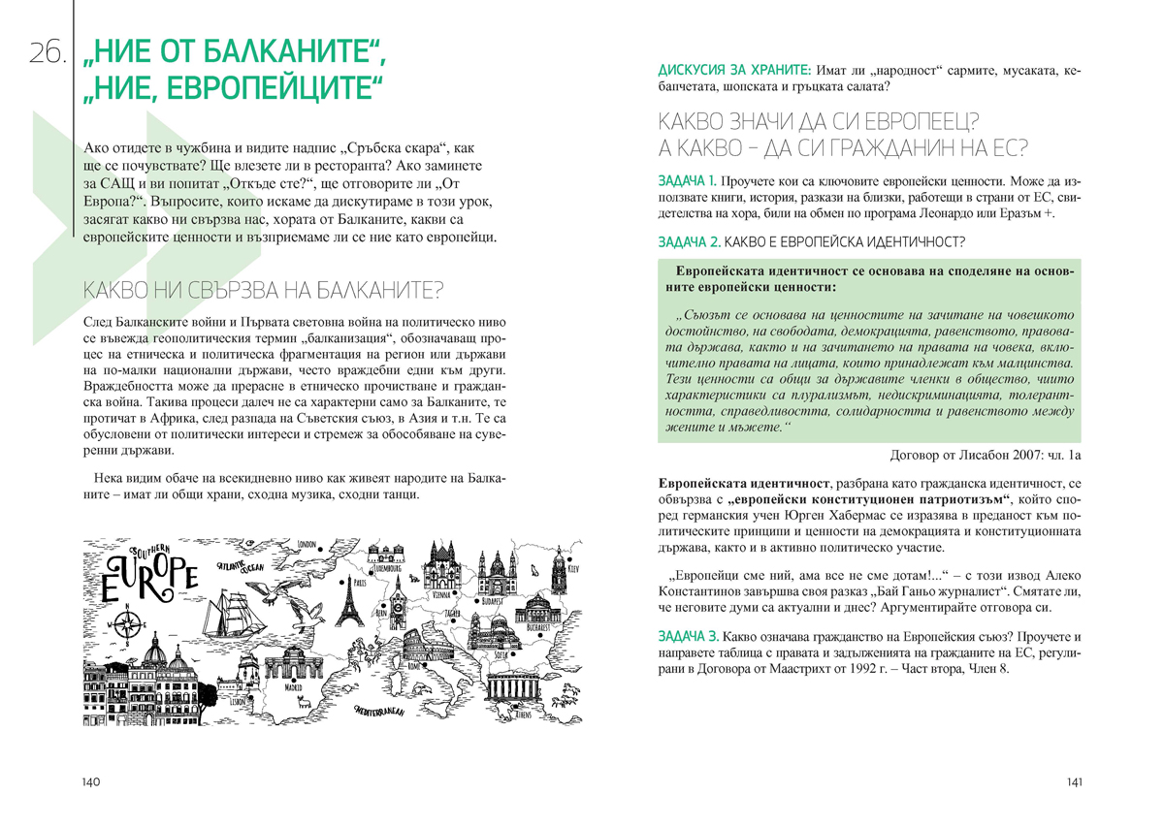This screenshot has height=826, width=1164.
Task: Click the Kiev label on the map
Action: coord(572,568)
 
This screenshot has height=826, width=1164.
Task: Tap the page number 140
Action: coord(92,782)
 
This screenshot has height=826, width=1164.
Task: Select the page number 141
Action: coord(1073,782)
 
